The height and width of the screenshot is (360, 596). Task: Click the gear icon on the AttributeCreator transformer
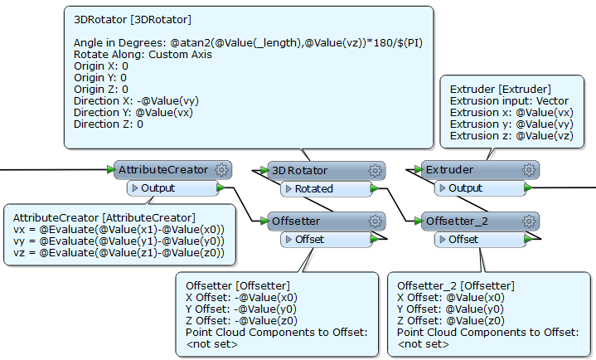tap(221, 170)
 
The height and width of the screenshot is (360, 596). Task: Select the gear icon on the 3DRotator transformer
tap(376, 171)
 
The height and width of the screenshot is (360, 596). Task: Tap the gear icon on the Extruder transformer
tap(529, 170)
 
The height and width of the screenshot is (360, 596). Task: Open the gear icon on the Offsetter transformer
tap(376, 221)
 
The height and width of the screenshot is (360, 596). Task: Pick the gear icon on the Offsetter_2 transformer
tap(529, 221)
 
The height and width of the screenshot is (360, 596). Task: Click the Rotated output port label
tap(314, 189)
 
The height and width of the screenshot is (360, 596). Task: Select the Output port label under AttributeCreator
tap(157, 188)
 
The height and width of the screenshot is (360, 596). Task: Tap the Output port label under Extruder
tap(465, 188)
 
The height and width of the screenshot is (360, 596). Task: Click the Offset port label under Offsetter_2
tap(463, 240)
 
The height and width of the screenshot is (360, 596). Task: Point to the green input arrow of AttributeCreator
tap(111, 169)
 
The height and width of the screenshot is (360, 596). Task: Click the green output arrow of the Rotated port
tap(375, 188)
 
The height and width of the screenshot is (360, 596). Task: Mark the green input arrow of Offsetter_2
tap(418, 221)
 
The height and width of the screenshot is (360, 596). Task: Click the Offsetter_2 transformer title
tap(457, 221)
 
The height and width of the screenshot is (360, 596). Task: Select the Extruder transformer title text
tap(449, 170)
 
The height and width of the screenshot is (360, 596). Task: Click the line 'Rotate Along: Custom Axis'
tap(143, 55)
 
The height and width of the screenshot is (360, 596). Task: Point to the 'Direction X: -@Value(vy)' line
tap(136, 101)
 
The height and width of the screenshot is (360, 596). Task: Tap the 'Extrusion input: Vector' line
tap(509, 101)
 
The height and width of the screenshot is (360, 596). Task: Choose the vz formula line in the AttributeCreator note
tap(119, 253)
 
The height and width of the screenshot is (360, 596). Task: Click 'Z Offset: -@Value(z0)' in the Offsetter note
tap(241, 321)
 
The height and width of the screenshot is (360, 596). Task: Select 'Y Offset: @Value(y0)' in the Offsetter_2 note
tap(450, 309)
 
